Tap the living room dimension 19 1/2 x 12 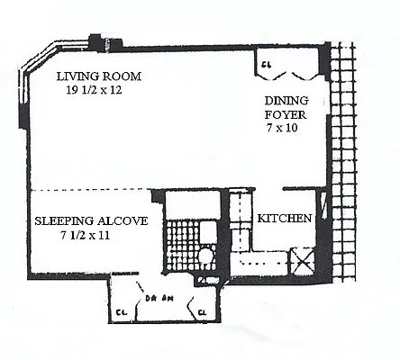tap(97, 91)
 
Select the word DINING tap(281, 102)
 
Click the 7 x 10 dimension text tap(281, 130)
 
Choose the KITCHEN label tap(285, 219)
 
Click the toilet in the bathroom tap(205, 257)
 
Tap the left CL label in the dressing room tap(121, 314)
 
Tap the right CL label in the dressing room tap(203, 314)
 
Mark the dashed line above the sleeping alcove tap(90, 191)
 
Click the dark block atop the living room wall tap(96, 41)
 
